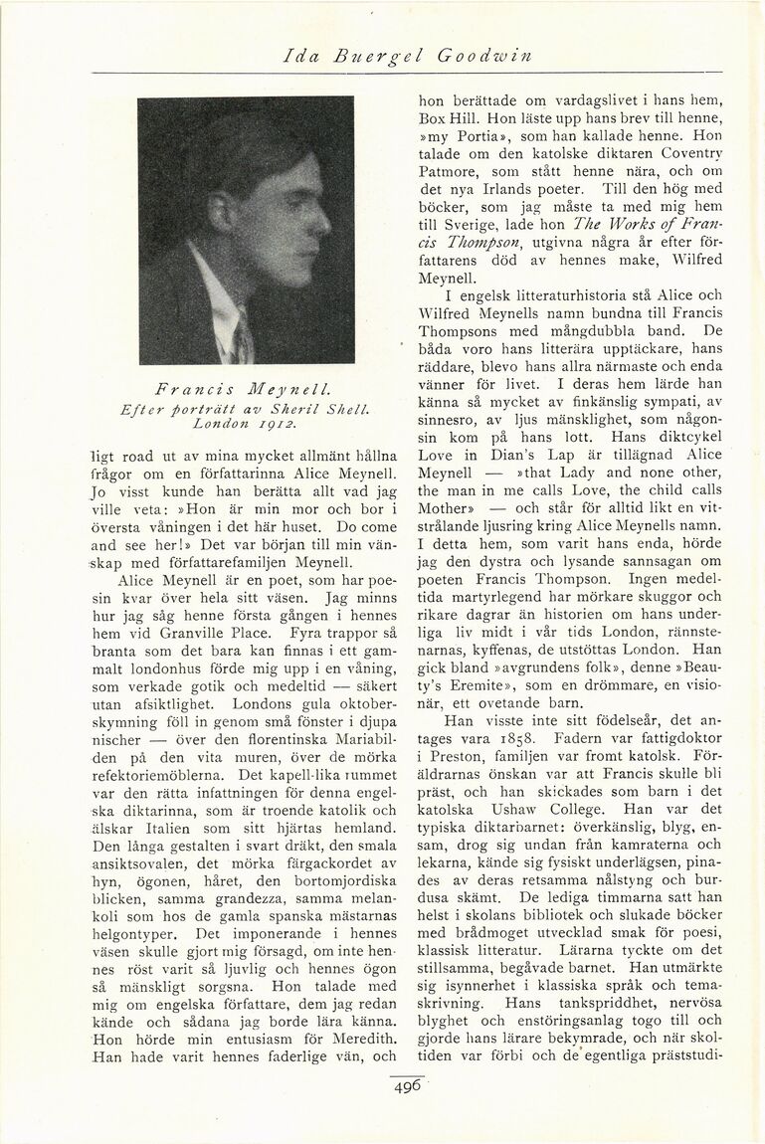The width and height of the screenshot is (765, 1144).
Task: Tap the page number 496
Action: coord(407,1088)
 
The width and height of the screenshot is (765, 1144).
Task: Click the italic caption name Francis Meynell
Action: coord(246,386)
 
